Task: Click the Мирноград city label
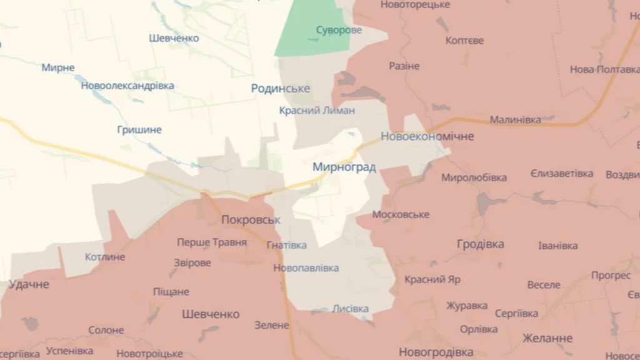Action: pos(344,167)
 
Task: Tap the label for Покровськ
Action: pos(251,220)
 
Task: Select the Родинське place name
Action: pos(281,89)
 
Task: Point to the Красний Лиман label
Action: pos(317,111)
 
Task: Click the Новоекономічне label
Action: pos(427,136)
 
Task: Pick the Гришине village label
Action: pos(139,130)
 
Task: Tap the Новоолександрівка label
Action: pos(127,86)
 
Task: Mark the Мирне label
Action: pos(58,67)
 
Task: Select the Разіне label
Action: pos(404,66)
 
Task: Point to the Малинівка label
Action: pos(515,119)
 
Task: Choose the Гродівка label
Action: pos(481,244)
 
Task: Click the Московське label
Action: pos(401,214)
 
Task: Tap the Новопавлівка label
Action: pos(306,268)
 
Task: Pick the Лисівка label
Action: pos(351,309)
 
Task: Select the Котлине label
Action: pos(105,257)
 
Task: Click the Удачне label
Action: pos(29,284)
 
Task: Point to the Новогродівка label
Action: pos(436,352)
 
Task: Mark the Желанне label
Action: pos(547,338)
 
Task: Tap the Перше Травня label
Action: pos(212,242)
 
